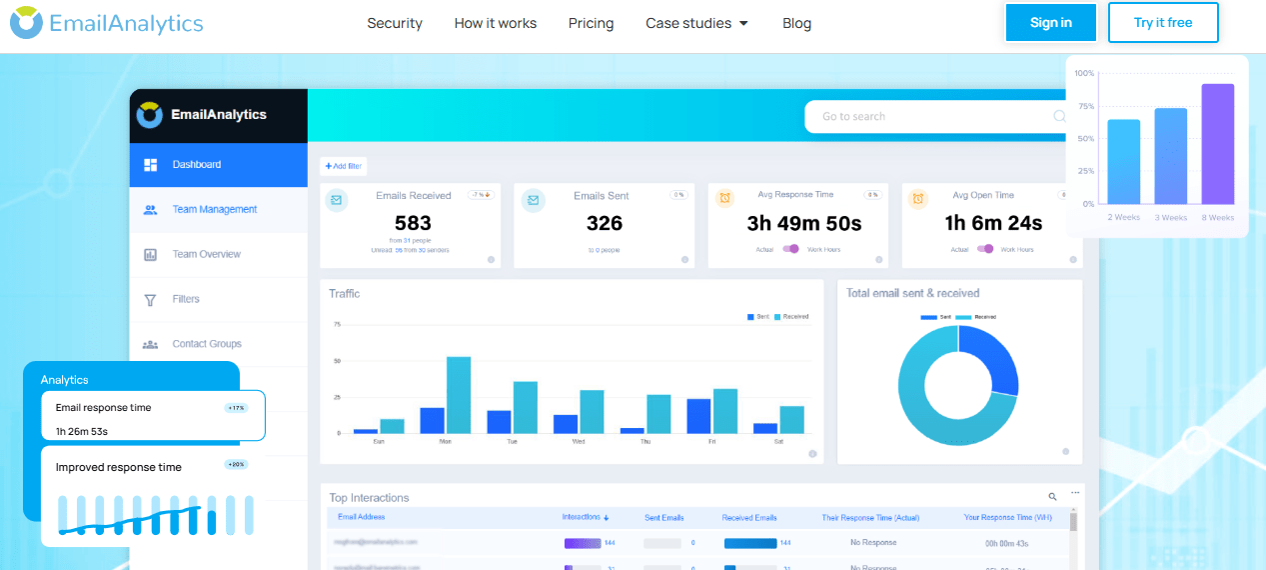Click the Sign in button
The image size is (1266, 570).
(1050, 23)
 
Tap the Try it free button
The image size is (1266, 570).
(1163, 23)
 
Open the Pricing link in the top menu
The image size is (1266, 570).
(591, 23)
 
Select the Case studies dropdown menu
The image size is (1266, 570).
(696, 23)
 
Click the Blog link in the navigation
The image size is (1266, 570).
(796, 23)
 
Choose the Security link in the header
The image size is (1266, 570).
(395, 23)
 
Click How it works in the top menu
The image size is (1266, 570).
(495, 23)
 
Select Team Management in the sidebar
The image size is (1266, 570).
(214, 209)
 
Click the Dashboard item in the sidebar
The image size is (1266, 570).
(196, 164)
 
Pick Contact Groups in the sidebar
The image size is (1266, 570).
(206, 344)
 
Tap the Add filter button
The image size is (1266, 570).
(343, 166)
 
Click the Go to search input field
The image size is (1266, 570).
(929, 117)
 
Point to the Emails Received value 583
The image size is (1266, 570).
(413, 223)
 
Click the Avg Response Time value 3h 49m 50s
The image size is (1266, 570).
(803, 223)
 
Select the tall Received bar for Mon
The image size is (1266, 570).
(459, 395)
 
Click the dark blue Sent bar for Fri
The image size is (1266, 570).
(698, 416)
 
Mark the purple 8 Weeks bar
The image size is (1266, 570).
(1217, 144)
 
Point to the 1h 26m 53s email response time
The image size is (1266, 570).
(82, 431)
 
